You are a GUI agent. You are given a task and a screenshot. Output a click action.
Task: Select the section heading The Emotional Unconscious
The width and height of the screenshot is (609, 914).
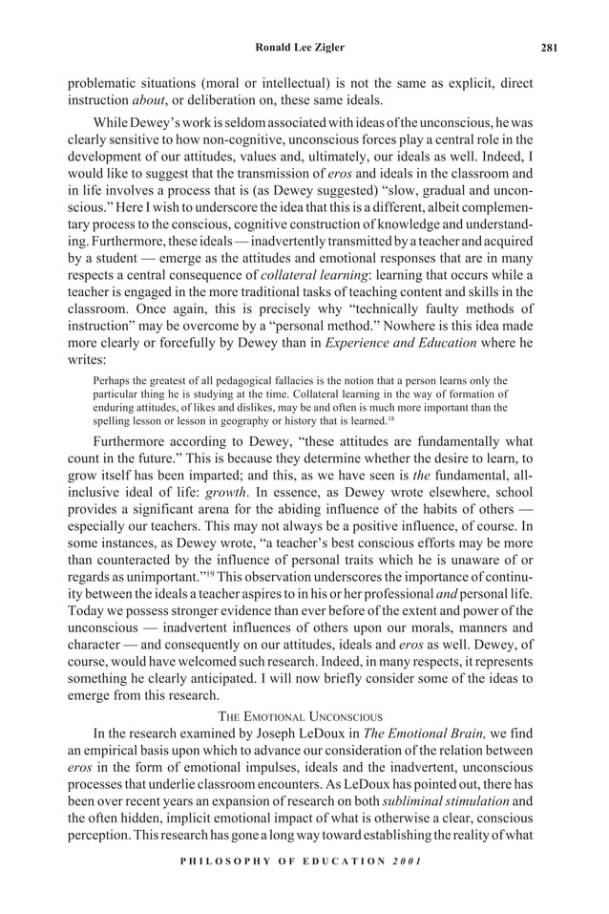pyautogui.click(x=304, y=715)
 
